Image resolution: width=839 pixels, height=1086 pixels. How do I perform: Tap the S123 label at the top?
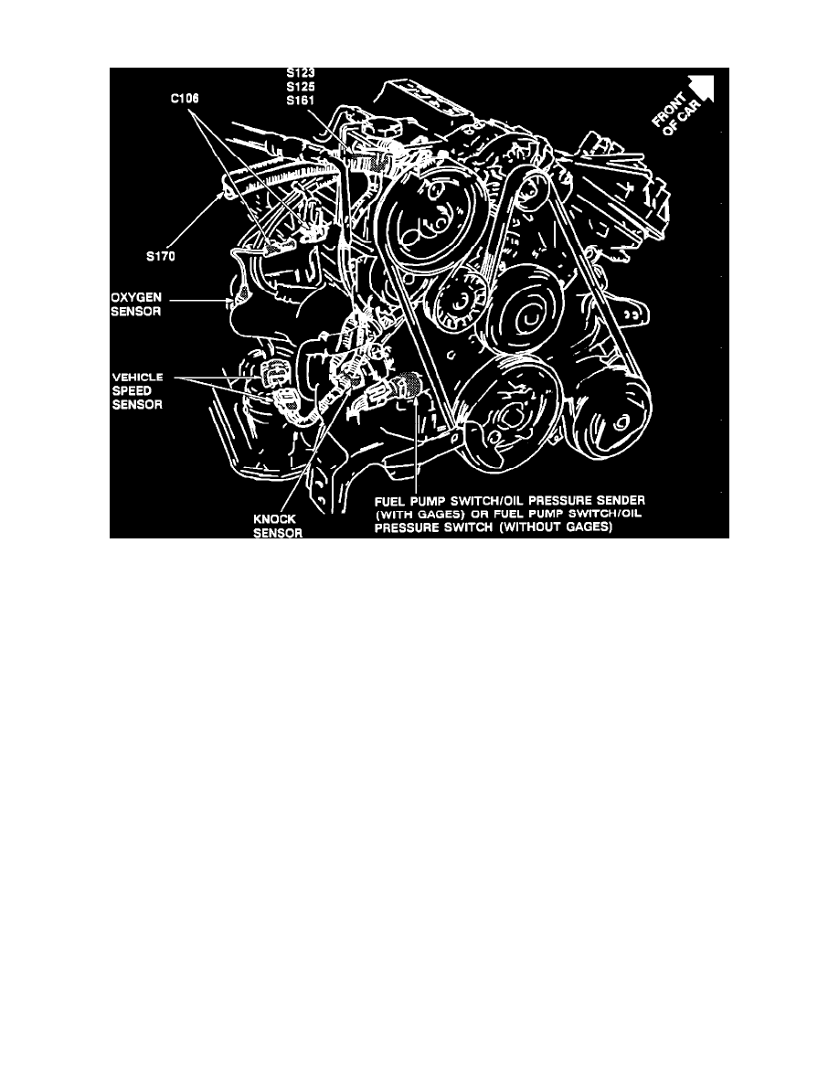(299, 72)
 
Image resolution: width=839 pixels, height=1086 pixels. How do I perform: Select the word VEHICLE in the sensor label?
(136, 377)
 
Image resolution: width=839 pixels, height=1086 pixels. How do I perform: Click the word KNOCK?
(272, 517)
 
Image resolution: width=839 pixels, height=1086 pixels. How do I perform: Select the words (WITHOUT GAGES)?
(558, 527)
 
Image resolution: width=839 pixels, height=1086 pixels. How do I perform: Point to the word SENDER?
(621, 502)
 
